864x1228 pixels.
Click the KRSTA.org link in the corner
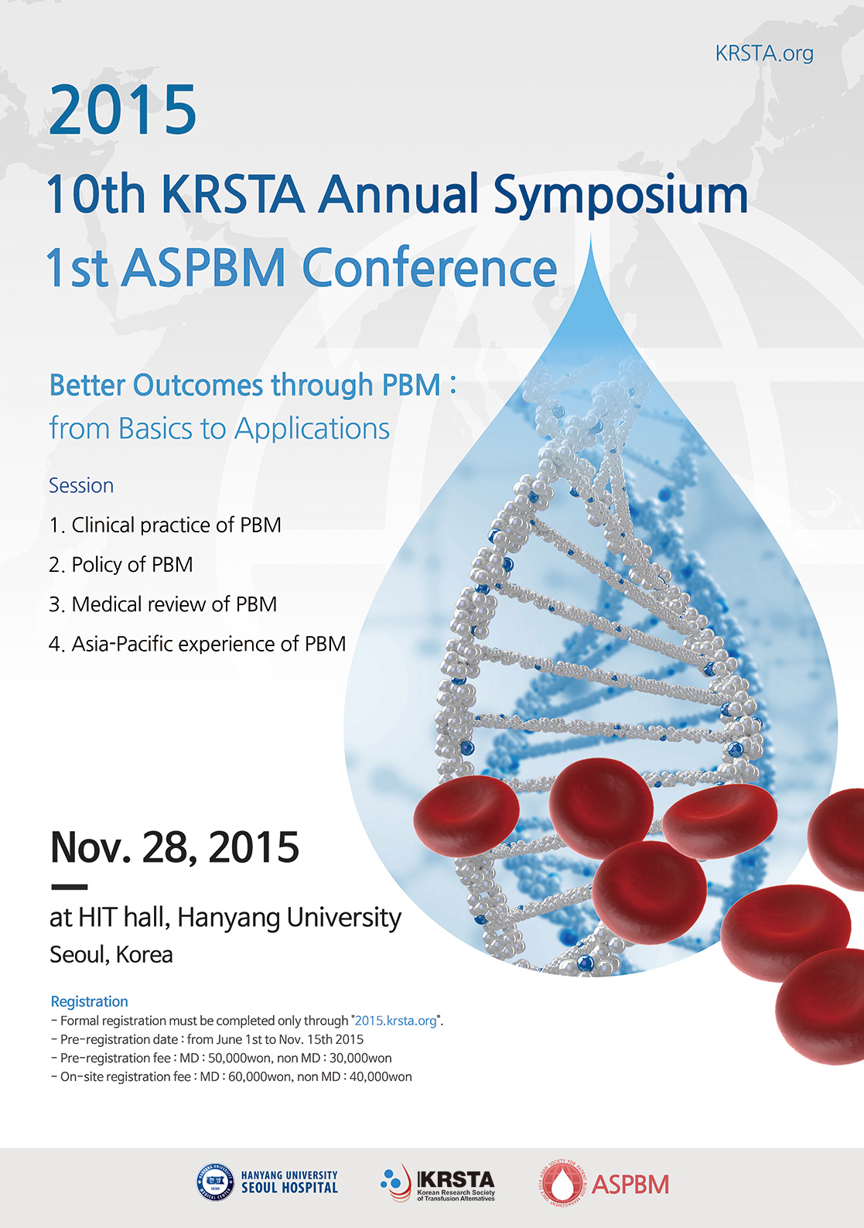[x=764, y=53]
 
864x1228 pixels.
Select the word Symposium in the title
[x=621, y=194]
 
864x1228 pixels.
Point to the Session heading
[x=81, y=485]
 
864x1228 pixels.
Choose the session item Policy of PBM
[x=132, y=564]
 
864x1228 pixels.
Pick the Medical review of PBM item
[x=174, y=604]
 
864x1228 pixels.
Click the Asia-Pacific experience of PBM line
[x=209, y=643]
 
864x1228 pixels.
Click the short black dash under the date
[x=69, y=887]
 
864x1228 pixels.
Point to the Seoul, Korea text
[x=111, y=954]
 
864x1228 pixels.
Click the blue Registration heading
[x=89, y=1001]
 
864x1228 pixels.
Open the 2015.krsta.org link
[x=395, y=1020]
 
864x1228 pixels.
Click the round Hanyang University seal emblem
[x=215, y=1182]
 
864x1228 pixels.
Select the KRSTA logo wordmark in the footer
[x=456, y=1180]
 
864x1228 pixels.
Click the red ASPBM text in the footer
[x=630, y=1185]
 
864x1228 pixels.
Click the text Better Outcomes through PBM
[x=245, y=385]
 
